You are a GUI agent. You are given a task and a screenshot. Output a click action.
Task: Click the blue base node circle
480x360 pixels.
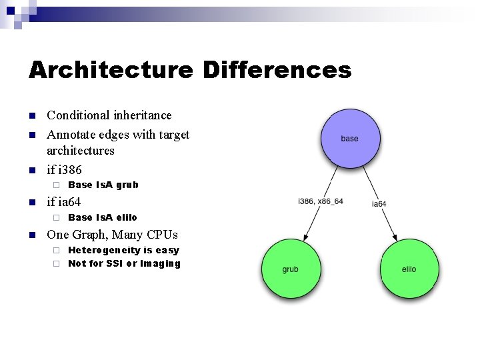(349, 139)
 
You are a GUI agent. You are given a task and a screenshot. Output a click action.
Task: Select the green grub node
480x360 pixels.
(291, 269)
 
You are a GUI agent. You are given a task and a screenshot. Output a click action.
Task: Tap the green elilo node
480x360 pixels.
(408, 269)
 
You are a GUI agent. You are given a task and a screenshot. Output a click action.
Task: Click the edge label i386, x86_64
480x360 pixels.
(321, 201)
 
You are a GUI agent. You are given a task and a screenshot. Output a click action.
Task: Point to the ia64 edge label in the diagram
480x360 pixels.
(379, 203)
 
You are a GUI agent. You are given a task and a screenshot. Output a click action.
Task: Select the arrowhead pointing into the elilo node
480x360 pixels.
(395, 235)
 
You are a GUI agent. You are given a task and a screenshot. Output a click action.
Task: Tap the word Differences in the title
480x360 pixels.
(277, 69)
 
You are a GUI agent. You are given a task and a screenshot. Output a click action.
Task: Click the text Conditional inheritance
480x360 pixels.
(109, 115)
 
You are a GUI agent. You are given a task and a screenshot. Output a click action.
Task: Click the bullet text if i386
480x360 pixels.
(64, 170)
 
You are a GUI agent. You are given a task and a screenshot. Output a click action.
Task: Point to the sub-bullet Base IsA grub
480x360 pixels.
(103, 185)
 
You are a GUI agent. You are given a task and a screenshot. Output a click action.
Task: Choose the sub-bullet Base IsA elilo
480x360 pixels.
(103, 217)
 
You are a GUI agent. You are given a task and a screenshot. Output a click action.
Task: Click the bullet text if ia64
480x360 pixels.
(63, 201)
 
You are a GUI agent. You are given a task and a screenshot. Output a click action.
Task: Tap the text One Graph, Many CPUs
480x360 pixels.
(112, 235)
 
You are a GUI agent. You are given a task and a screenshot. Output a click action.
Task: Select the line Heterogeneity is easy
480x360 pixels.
(123, 250)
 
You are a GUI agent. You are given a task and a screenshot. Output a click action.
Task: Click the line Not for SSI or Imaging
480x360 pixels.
(124, 263)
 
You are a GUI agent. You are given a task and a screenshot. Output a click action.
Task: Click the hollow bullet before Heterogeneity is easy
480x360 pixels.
(57, 251)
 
